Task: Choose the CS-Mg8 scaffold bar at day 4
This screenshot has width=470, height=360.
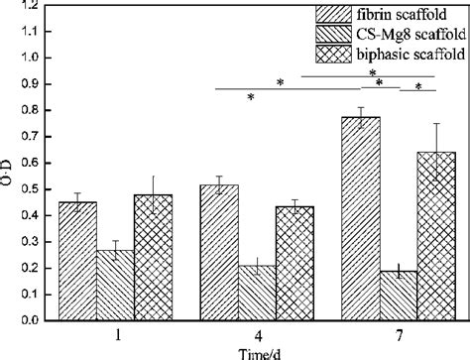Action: (257, 294)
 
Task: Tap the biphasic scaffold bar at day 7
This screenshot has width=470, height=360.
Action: (436, 237)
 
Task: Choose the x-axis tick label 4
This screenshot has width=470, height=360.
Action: (257, 336)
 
